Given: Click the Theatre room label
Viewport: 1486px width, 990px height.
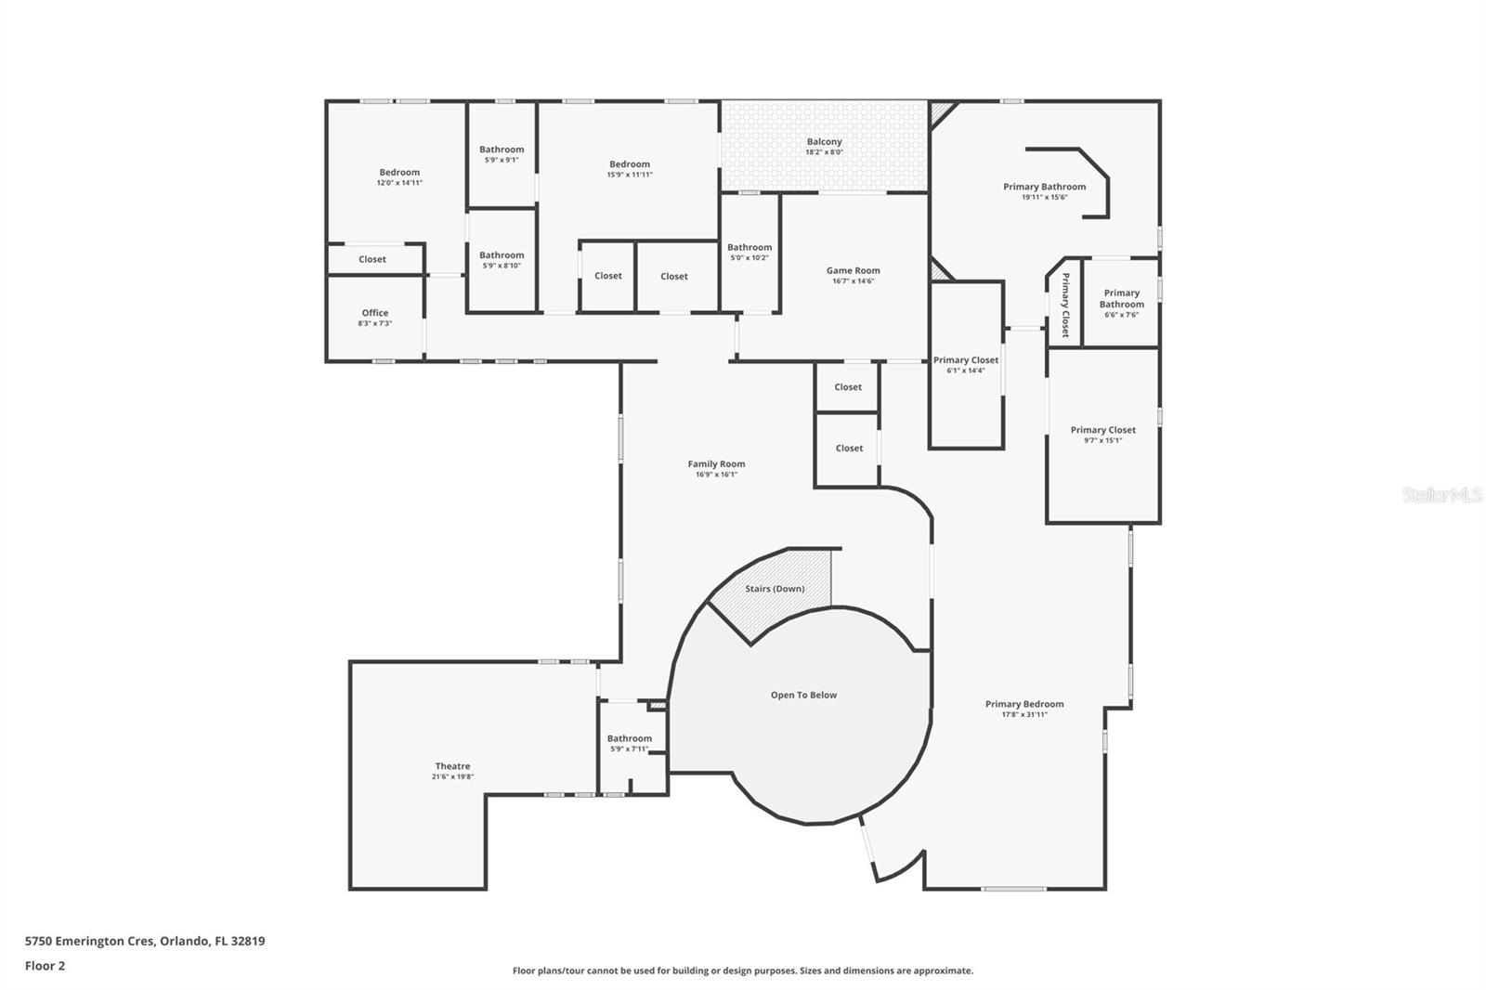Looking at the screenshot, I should click(452, 767).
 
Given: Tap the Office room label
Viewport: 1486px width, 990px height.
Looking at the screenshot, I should click(375, 313).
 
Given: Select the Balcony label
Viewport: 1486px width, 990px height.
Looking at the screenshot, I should click(824, 142).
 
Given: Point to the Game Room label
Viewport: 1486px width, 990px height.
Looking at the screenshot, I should click(853, 271).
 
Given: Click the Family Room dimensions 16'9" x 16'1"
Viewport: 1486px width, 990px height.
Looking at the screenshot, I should click(716, 475).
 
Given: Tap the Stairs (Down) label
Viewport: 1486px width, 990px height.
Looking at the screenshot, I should click(775, 589).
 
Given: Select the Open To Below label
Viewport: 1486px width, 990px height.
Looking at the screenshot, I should click(803, 695).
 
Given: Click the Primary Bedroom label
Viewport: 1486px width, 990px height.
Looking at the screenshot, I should click(1024, 704).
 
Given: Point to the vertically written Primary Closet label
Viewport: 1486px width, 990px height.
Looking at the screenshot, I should click(1065, 305).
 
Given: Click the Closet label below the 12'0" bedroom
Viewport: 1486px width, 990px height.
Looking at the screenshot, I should click(372, 259).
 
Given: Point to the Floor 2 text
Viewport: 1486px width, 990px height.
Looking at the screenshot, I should click(45, 966).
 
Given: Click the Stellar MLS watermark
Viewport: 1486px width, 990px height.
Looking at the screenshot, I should click(1441, 495).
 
